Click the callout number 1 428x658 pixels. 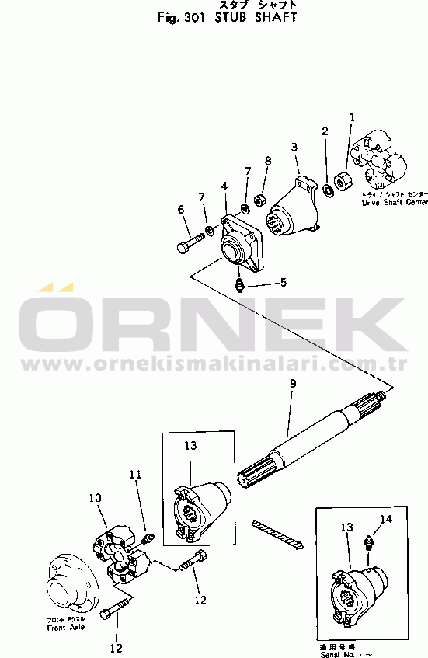(x=351, y=117)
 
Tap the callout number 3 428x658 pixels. (x=294, y=147)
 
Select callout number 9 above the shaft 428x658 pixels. (x=292, y=384)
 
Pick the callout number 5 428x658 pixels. (x=284, y=282)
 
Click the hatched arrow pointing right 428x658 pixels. (x=275, y=534)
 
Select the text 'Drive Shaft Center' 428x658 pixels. (x=395, y=202)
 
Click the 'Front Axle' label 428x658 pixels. (x=66, y=626)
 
